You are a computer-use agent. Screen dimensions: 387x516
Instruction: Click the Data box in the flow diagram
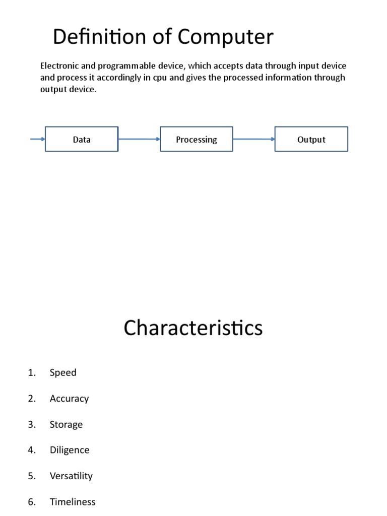82,139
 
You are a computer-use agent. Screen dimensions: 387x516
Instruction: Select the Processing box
197,139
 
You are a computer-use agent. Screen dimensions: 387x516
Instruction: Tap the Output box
311,139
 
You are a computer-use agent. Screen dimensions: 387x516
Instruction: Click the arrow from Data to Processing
139,139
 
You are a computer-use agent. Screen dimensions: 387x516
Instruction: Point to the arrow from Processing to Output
253,139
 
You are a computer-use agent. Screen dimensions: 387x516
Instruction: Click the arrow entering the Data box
38,139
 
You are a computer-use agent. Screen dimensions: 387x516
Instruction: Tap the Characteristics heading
193,328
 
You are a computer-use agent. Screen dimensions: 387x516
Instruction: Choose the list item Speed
63,372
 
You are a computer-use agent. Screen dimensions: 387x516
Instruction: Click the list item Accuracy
69,399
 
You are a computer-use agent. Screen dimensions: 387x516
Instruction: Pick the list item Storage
66,424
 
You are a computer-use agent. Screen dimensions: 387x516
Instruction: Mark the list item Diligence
70,450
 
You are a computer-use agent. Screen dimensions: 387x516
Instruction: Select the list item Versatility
71,476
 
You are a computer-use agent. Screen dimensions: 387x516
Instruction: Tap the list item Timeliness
73,501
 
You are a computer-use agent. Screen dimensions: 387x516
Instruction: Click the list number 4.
32,450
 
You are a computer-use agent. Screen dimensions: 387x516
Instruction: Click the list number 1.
32,372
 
